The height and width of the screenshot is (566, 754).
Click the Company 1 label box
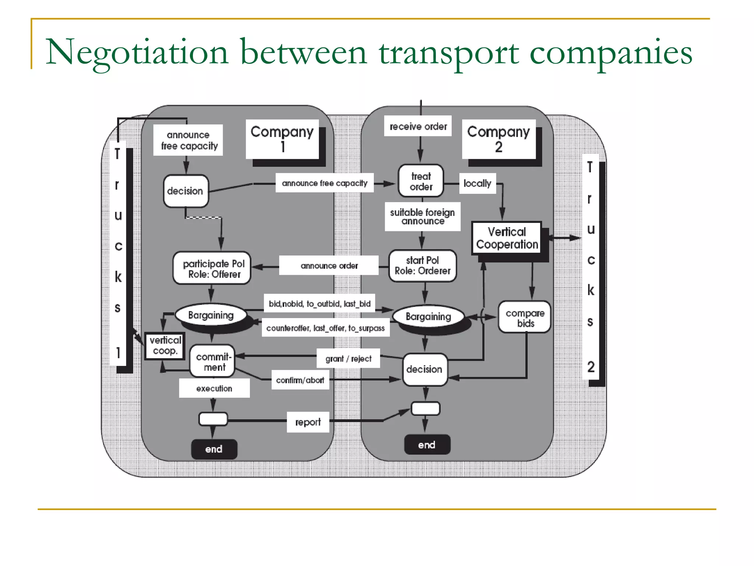(282, 139)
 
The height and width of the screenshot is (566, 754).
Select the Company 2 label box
(498, 139)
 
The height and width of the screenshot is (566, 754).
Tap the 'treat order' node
(421, 181)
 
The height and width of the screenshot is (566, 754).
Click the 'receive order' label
(418, 126)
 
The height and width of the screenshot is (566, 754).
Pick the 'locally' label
(477, 183)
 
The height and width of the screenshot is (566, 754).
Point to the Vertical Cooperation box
(507, 238)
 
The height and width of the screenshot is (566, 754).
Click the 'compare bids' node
(525, 318)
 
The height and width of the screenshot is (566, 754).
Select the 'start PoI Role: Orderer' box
(422, 266)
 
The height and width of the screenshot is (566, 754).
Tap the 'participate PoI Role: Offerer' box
(212, 269)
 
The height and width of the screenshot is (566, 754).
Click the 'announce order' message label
(329, 265)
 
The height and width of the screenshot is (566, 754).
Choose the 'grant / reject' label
(348, 358)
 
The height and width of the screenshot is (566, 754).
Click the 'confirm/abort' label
(300, 380)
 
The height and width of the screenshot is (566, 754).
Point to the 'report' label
(308, 422)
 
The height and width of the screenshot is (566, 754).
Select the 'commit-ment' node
(213, 361)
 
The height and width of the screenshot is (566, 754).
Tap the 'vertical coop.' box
(165, 346)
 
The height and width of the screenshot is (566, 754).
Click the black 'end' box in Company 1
(214, 449)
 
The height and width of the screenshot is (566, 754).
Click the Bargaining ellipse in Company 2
(428, 317)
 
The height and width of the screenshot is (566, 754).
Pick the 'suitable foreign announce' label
(422, 217)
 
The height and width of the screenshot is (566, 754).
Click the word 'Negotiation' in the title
(137, 52)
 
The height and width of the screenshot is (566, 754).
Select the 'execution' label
(214, 388)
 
